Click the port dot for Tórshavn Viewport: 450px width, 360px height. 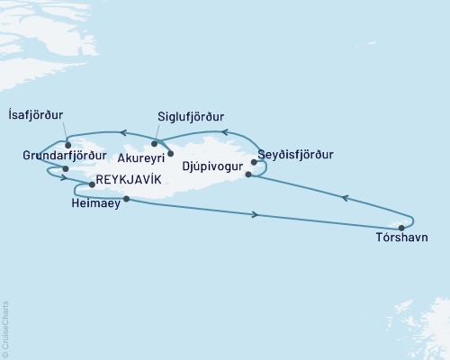point(401,227)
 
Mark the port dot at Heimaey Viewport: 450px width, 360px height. point(126,199)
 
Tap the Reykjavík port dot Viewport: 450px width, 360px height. point(92,184)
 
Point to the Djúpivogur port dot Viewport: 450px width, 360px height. point(248,175)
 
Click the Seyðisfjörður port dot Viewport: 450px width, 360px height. point(255,163)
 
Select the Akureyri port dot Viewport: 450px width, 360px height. point(170,154)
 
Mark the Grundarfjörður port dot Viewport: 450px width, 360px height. point(66,168)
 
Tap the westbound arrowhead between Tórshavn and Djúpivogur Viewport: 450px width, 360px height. point(345,199)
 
